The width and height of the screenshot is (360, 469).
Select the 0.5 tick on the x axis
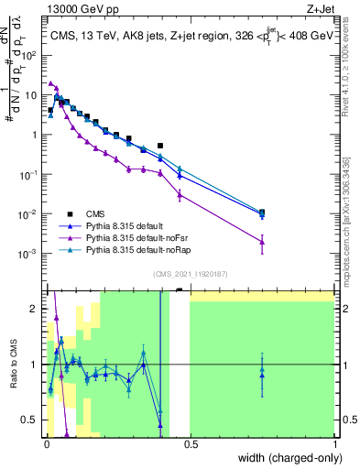(191, 446)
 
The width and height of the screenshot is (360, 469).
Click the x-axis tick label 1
(333, 446)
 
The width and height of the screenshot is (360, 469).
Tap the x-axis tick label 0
(47, 446)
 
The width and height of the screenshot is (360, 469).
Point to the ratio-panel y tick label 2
(35, 309)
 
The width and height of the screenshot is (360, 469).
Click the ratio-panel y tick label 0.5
(30, 420)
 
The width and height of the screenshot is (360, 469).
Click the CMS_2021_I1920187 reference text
(190, 273)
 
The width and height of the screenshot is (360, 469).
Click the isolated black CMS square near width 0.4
(161, 145)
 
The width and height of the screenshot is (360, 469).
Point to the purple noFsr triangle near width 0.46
(180, 194)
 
